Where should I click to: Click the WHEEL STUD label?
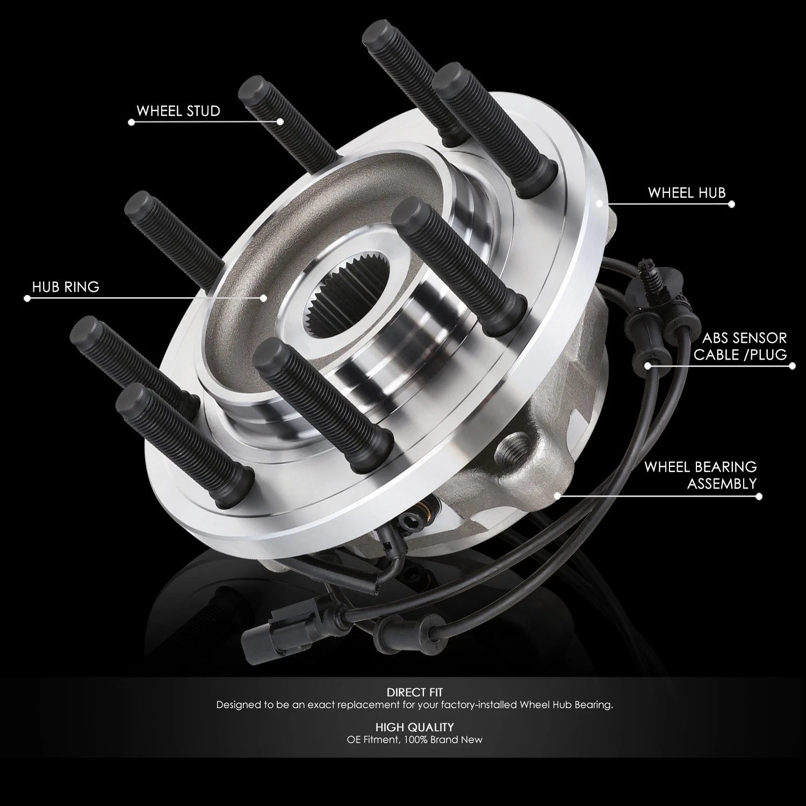(x=178, y=111)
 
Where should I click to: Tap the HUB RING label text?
(x=66, y=287)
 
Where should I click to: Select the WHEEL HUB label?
(x=687, y=193)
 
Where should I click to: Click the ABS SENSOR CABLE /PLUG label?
(x=740, y=346)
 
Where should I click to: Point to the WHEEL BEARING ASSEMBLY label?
(x=701, y=475)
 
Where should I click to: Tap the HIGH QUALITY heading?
(x=415, y=728)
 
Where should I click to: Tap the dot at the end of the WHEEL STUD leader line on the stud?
(x=280, y=122)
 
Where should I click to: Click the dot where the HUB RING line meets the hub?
(x=264, y=298)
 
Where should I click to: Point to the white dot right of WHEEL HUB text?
(x=731, y=204)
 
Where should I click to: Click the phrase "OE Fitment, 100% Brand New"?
(x=415, y=740)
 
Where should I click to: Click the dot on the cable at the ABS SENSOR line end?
(x=648, y=366)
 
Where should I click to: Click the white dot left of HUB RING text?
(x=27, y=298)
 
